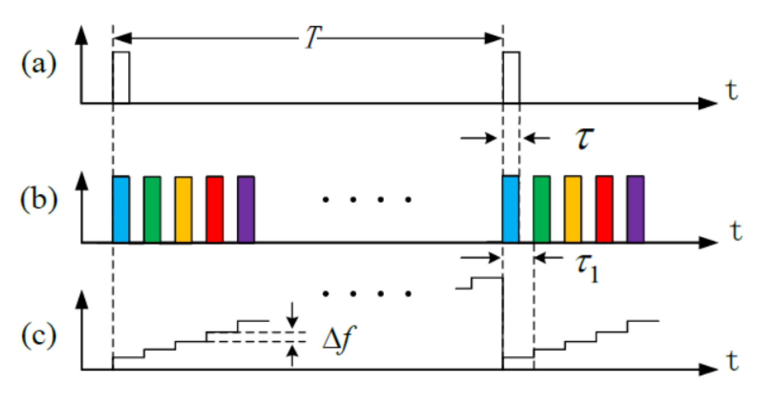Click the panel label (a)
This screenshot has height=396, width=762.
39,65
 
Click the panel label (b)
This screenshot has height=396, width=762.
39,199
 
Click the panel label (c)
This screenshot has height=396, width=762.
39,335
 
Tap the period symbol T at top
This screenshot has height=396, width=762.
313,38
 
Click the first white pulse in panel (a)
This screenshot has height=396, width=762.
121,78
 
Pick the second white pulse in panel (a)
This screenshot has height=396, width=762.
512,78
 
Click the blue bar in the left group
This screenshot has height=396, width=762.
121,209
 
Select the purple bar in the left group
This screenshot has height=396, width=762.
246,209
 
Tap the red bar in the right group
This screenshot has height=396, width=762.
604,209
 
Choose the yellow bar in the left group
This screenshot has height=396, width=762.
183,209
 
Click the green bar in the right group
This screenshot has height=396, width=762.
542,209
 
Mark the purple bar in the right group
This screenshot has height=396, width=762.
636,209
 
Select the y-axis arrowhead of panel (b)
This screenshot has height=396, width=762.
83,180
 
